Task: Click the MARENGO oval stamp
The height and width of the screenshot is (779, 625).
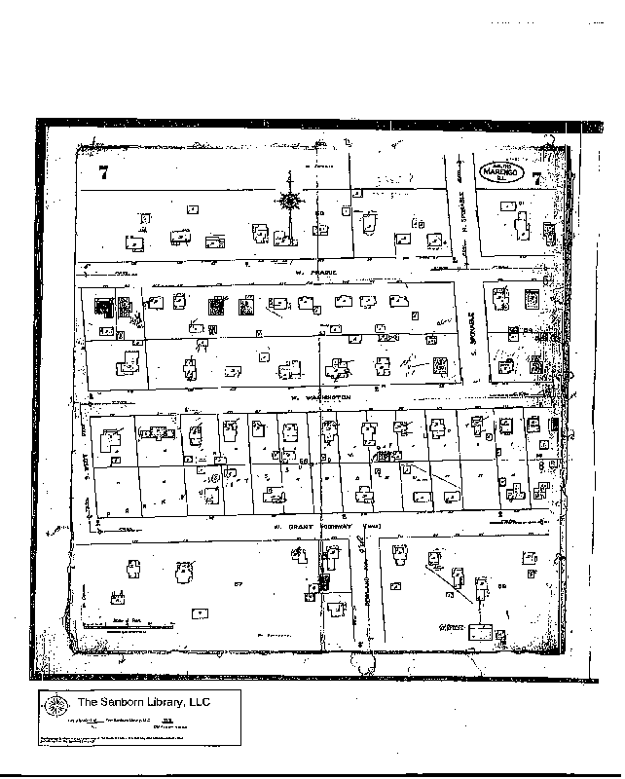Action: coord(502,170)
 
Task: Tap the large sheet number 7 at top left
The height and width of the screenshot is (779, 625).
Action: coord(103,175)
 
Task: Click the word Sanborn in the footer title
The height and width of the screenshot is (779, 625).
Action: coord(121,702)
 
